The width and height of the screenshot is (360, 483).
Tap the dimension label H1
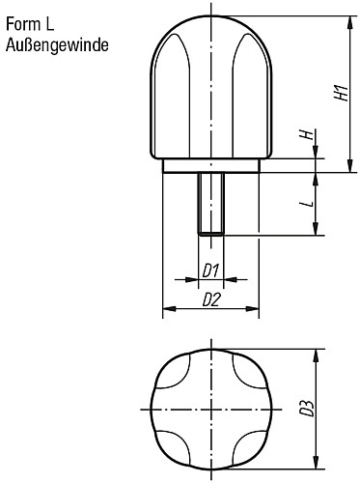click(337, 94)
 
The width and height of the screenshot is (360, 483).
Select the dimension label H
click(305, 137)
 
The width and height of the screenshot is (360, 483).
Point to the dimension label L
click(305, 205)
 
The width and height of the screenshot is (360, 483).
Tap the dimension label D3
click(307, 411)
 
